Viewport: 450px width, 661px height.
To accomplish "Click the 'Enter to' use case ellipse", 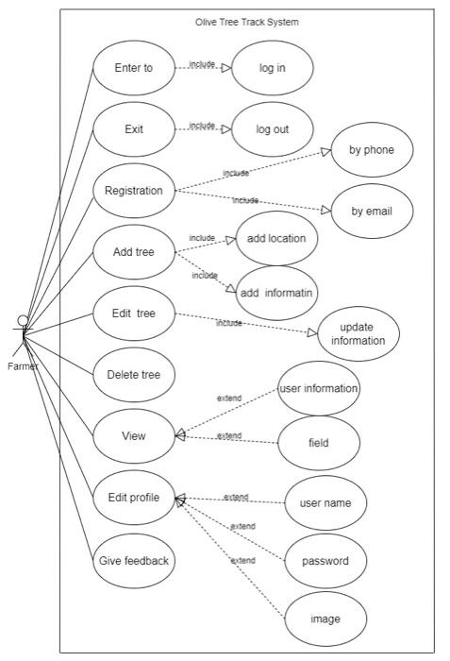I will [133, 67].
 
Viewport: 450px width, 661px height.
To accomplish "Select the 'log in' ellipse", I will [272, 67].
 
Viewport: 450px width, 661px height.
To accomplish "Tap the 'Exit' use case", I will [133, 128].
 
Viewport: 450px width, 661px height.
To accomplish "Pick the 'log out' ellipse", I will [272, 128].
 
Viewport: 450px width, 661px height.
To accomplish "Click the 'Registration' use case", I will [133, 190].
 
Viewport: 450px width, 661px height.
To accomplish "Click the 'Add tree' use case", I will [133, 252].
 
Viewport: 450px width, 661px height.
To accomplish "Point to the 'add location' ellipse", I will [276, 238].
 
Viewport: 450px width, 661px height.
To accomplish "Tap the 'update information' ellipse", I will [357, 333].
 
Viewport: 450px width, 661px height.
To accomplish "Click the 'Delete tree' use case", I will [133, 375].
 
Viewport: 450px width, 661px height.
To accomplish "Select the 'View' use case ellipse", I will [133, 436].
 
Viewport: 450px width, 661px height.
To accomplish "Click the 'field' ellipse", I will [319, 442].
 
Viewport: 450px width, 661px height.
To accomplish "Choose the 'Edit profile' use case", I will [133, 498].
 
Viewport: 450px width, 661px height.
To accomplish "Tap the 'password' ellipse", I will [325, 561].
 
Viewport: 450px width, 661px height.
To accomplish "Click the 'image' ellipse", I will [325, 619].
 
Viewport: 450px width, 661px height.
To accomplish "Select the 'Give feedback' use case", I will [133, 560].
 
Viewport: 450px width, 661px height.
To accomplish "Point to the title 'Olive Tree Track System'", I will [248, 21].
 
